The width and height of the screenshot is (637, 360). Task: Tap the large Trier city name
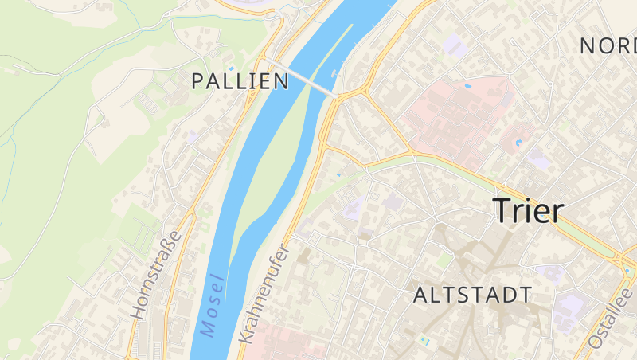(x=528, y=210)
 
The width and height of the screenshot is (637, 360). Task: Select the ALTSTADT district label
(x=472, y=295)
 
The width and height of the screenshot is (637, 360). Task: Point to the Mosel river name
(x=213, y=306)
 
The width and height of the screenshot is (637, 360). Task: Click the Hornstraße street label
(x=156, y=274)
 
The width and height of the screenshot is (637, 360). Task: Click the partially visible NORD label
(x=608, y=45)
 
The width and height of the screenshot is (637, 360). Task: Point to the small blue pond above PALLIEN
(x=232, y=68)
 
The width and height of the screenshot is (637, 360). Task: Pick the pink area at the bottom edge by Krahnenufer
(x=287, y=342)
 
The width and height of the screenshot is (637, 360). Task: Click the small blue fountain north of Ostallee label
(x=628, y=272)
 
